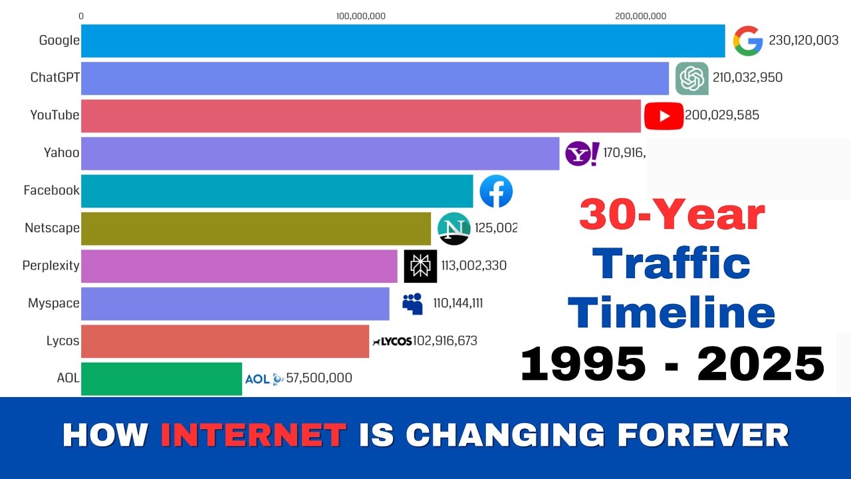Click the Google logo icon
click(x=748, y=41)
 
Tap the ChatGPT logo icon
click(x=692, y=78)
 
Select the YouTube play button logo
click(x=663, y=116)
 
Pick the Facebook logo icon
click(x=496, y=191)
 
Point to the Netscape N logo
click(x=454, y=228)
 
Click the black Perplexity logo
click(x=420, y=266)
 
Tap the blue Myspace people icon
click(x=413, y=303)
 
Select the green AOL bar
click(x=162, y=379)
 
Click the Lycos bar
click(x=225, y=341)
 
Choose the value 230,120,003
click(x=804, y=41)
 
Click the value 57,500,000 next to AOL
click(x=319, y=379)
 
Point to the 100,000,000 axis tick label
click(x=361, y=16)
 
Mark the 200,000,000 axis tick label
click(x=641, y=16)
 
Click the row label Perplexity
click(x=51, y=265)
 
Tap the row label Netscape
click(x=52, y=228)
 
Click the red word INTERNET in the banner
click(x=253, y=435)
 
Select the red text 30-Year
click(x=672, y=215)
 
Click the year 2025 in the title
click(x=761, y=364)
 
